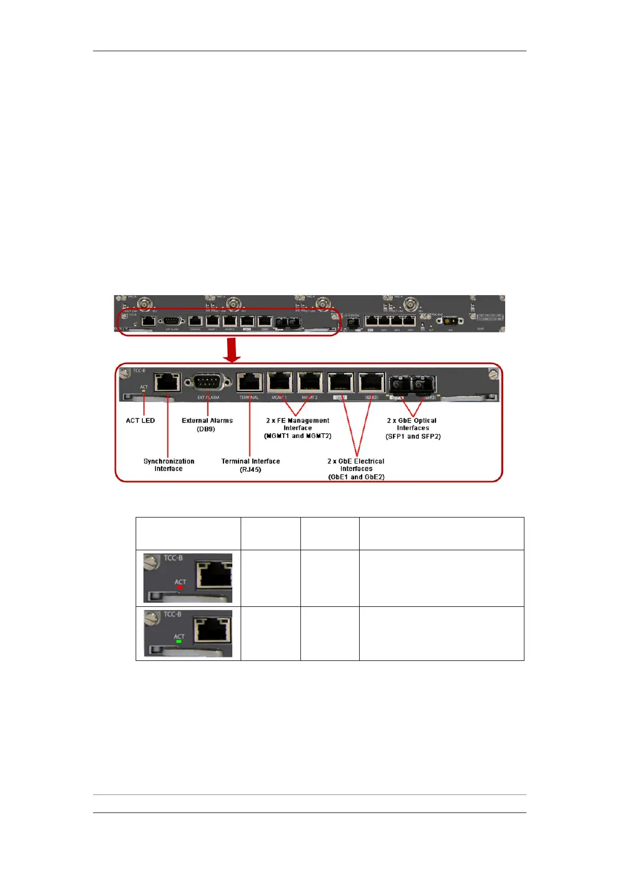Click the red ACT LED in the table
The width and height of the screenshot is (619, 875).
click(x=180, y=587)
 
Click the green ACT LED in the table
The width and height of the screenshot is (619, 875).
click(x=179, y=642)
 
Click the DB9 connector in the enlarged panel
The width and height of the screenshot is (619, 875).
click(x=208, y=382)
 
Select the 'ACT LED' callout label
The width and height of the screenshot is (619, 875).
click(x=140, y=420)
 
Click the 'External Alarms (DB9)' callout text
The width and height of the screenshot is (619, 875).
click(x=207, y=425)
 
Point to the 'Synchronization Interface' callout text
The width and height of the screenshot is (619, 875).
click(x=169, y=465)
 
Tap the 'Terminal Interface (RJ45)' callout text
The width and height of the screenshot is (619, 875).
click(x=251, y=465)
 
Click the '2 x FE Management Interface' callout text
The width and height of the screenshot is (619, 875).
click(x=298, y=428)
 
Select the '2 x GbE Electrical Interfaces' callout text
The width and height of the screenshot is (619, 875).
click(x=356, y=469)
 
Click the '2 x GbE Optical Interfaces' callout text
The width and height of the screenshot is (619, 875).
click(x=413, y=428)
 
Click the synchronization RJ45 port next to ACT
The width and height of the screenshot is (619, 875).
click(x=168, y=382)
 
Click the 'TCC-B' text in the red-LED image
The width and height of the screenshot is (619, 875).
click(x=173, y=558)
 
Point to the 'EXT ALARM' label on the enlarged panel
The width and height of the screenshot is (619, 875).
click(x=208, y=397)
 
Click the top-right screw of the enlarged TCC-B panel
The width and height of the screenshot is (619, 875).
click(x=494, y=373)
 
